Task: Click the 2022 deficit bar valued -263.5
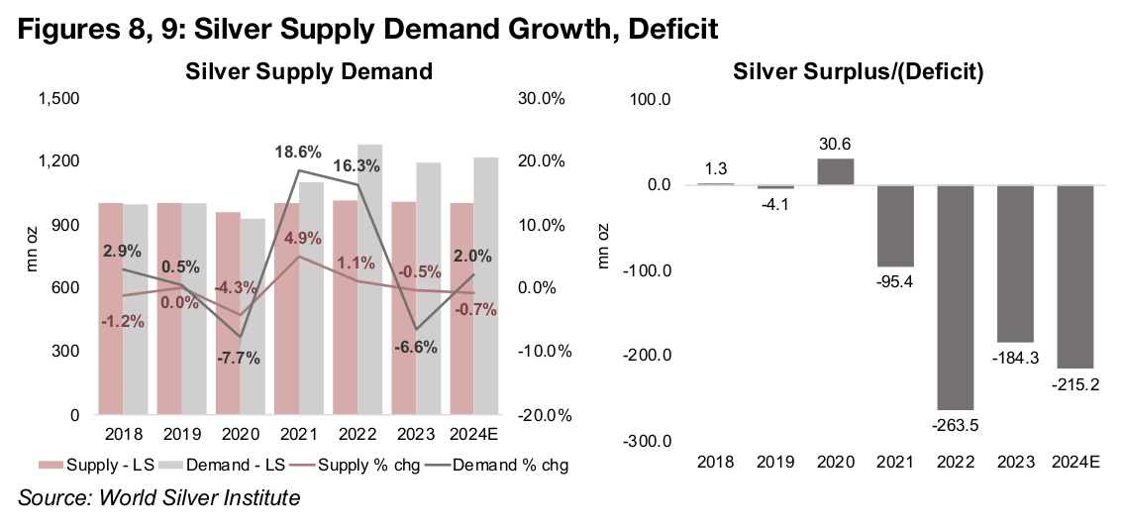pos(956,297)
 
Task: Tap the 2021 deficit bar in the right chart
pos(896,226)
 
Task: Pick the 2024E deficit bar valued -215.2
pos(1074,276)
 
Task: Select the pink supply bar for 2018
pos(110,308)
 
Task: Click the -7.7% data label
pos(238,358)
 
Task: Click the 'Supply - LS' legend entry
pos(96,464)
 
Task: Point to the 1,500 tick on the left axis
pos(60,99)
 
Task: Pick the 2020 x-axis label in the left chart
pos(241,434)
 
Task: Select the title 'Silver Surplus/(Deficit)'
pos(858,71)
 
